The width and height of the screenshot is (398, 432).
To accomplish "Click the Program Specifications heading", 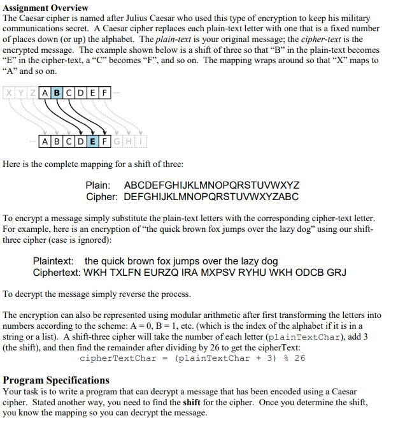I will (56, 380).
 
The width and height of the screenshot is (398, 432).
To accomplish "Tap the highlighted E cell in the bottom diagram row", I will (92, 140).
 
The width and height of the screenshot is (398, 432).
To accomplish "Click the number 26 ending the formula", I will (299, 358).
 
